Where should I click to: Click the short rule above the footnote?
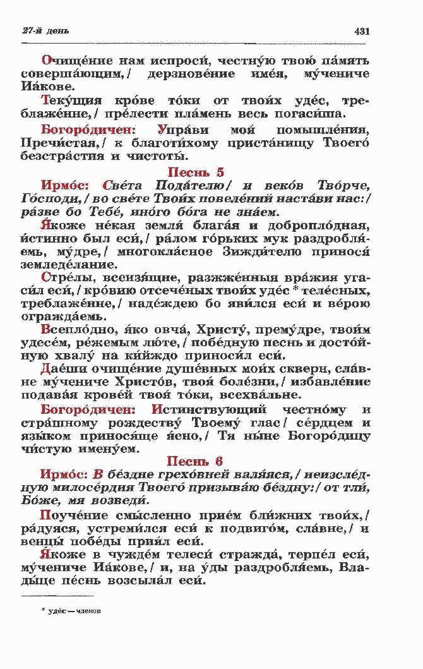(x=57, y=595)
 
